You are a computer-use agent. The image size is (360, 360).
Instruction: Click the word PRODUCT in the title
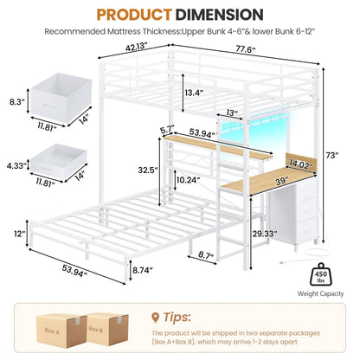[x=134, y=14]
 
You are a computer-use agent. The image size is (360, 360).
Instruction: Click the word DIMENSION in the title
[x=219, y=14]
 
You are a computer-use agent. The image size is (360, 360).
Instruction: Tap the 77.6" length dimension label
[x=246, y=49]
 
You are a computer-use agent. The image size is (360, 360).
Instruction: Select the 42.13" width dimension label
[x=137, y=48]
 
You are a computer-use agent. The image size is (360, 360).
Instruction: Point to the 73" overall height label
[x=332, y=156]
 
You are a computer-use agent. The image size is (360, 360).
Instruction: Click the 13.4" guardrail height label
[x=195, y=93]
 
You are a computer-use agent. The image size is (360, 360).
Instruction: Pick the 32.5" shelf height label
[x=148, y=170]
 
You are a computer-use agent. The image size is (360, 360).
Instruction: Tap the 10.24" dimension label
[x=188, y=180]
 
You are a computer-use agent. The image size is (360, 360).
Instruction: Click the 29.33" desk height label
[x=265, y=234]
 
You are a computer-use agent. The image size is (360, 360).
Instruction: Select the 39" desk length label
[x=282, y=181]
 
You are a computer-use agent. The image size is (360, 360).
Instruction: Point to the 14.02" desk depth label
[x=301, y=165]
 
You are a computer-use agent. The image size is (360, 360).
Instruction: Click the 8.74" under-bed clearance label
[x=143, y=270]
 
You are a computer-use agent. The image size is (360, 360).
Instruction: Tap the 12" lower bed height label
[x=20, y=234]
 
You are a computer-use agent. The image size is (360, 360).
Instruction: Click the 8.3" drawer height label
[x=16, y=102]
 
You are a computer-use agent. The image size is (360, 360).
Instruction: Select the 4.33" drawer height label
[x=16, y=166]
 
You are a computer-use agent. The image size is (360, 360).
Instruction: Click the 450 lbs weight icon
[x=321, y=275]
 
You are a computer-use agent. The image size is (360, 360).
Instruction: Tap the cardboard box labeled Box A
[x=61, y=331]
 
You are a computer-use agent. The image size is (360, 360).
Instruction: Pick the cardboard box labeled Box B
[x=107, y=329]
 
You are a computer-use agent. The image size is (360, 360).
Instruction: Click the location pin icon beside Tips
[x=156, y=318]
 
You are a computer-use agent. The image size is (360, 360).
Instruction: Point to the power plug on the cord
[x=283, y=262]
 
